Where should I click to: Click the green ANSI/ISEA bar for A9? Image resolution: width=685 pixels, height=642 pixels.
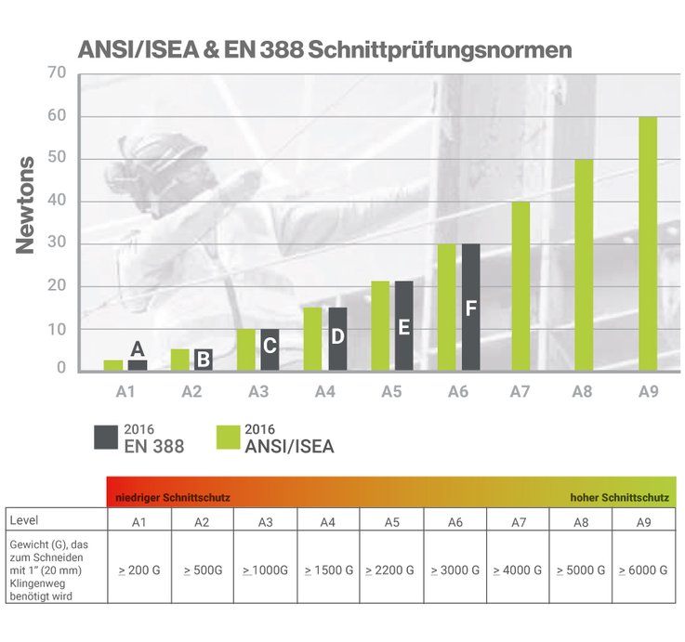click(648, 243)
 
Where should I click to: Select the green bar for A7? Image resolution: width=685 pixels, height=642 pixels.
click(520, 286)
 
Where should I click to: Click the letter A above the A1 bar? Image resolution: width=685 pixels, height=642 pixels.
click(138, 349)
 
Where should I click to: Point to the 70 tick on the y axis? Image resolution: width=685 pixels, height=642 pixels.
click(55, 73)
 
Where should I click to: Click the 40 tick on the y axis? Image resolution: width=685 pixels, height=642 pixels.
click(55, 202)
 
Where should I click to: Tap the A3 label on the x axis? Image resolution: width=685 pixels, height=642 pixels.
click(258, 392)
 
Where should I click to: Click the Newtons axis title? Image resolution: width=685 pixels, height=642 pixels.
click(27, 206)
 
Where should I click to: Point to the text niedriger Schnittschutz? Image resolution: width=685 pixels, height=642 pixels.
click(172, 498)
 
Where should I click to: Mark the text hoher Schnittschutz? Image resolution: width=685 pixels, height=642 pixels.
click(621, 498)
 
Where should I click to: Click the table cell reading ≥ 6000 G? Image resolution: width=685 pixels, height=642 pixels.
click(644, 569)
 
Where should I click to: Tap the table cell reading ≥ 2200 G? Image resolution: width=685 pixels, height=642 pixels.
click(390, 569)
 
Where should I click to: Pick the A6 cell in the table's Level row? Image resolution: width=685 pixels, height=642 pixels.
click(454, 521)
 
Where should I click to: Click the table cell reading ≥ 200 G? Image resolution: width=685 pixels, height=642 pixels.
click(138, 569)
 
